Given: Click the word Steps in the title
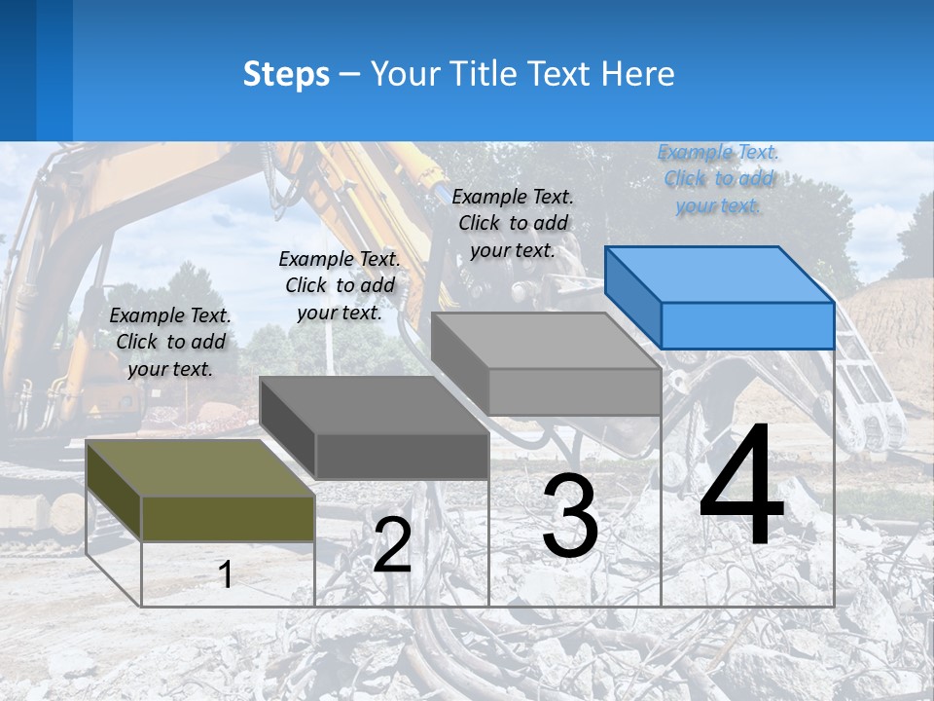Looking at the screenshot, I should pos(286,74).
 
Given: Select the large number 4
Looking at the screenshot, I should pos(741,486).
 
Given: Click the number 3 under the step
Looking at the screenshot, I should pos(570,516).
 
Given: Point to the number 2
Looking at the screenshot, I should pos(392,545).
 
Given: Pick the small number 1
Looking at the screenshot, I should pos(226,574).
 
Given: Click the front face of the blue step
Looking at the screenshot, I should pos(747,325).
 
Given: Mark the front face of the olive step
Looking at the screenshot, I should pos(228,518).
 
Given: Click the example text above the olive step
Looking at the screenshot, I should pos(170,342).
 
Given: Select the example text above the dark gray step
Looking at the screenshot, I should pos(340,285).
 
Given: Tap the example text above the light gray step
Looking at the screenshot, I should pos(513,223).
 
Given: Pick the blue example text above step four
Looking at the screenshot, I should pos(719,178).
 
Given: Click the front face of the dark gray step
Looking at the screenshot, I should pos(402,456).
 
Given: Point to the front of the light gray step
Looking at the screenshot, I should pos(574,391).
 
